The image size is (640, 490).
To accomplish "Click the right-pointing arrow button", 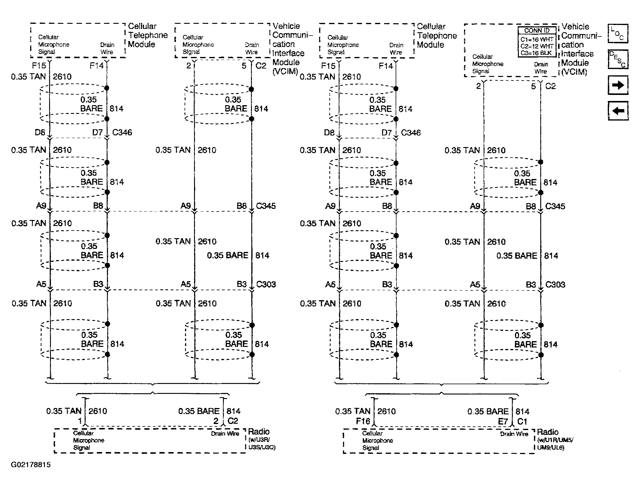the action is pyautogui.click(x=618, y=85).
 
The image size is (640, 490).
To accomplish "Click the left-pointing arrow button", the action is pyautogui.click(x=618, y=111).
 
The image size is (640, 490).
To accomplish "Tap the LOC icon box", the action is pyautogui.click(x=618, y=33).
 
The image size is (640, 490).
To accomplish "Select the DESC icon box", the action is pyautogui.click(x=618, y=59).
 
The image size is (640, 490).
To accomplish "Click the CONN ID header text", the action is pyautogui.click(x=537, y=30).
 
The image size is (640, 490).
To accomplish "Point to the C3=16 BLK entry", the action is pyautogui.click(x=537, y=53).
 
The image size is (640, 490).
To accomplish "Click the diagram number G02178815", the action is pyautogui.click(x=31, y=464).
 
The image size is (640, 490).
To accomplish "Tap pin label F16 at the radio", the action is pyautogui.click(x=363, y=421).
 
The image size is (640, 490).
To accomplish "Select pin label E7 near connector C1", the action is pyautogui.click(x=503, y=422).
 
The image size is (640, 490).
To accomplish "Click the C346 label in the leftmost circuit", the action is pyautogui.click(x=122, y=132).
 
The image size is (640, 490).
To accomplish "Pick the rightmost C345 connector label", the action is pyautogui.click(x=555, y=206).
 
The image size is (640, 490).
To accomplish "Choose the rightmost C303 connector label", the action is pyautogui.click(x=555, y=284).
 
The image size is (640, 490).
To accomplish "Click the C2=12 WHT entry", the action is pyautogui.click(x=537, y=46).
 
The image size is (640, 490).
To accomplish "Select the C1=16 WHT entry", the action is pyautogui.click(x=537, y=39).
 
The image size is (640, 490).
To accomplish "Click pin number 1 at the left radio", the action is pyautogui.click(x=80, y=421).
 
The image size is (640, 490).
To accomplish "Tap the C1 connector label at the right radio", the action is pyautogui.click(x=522, y=422).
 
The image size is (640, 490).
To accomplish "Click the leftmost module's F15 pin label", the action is pyautogui.click(x=39, y=65).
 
